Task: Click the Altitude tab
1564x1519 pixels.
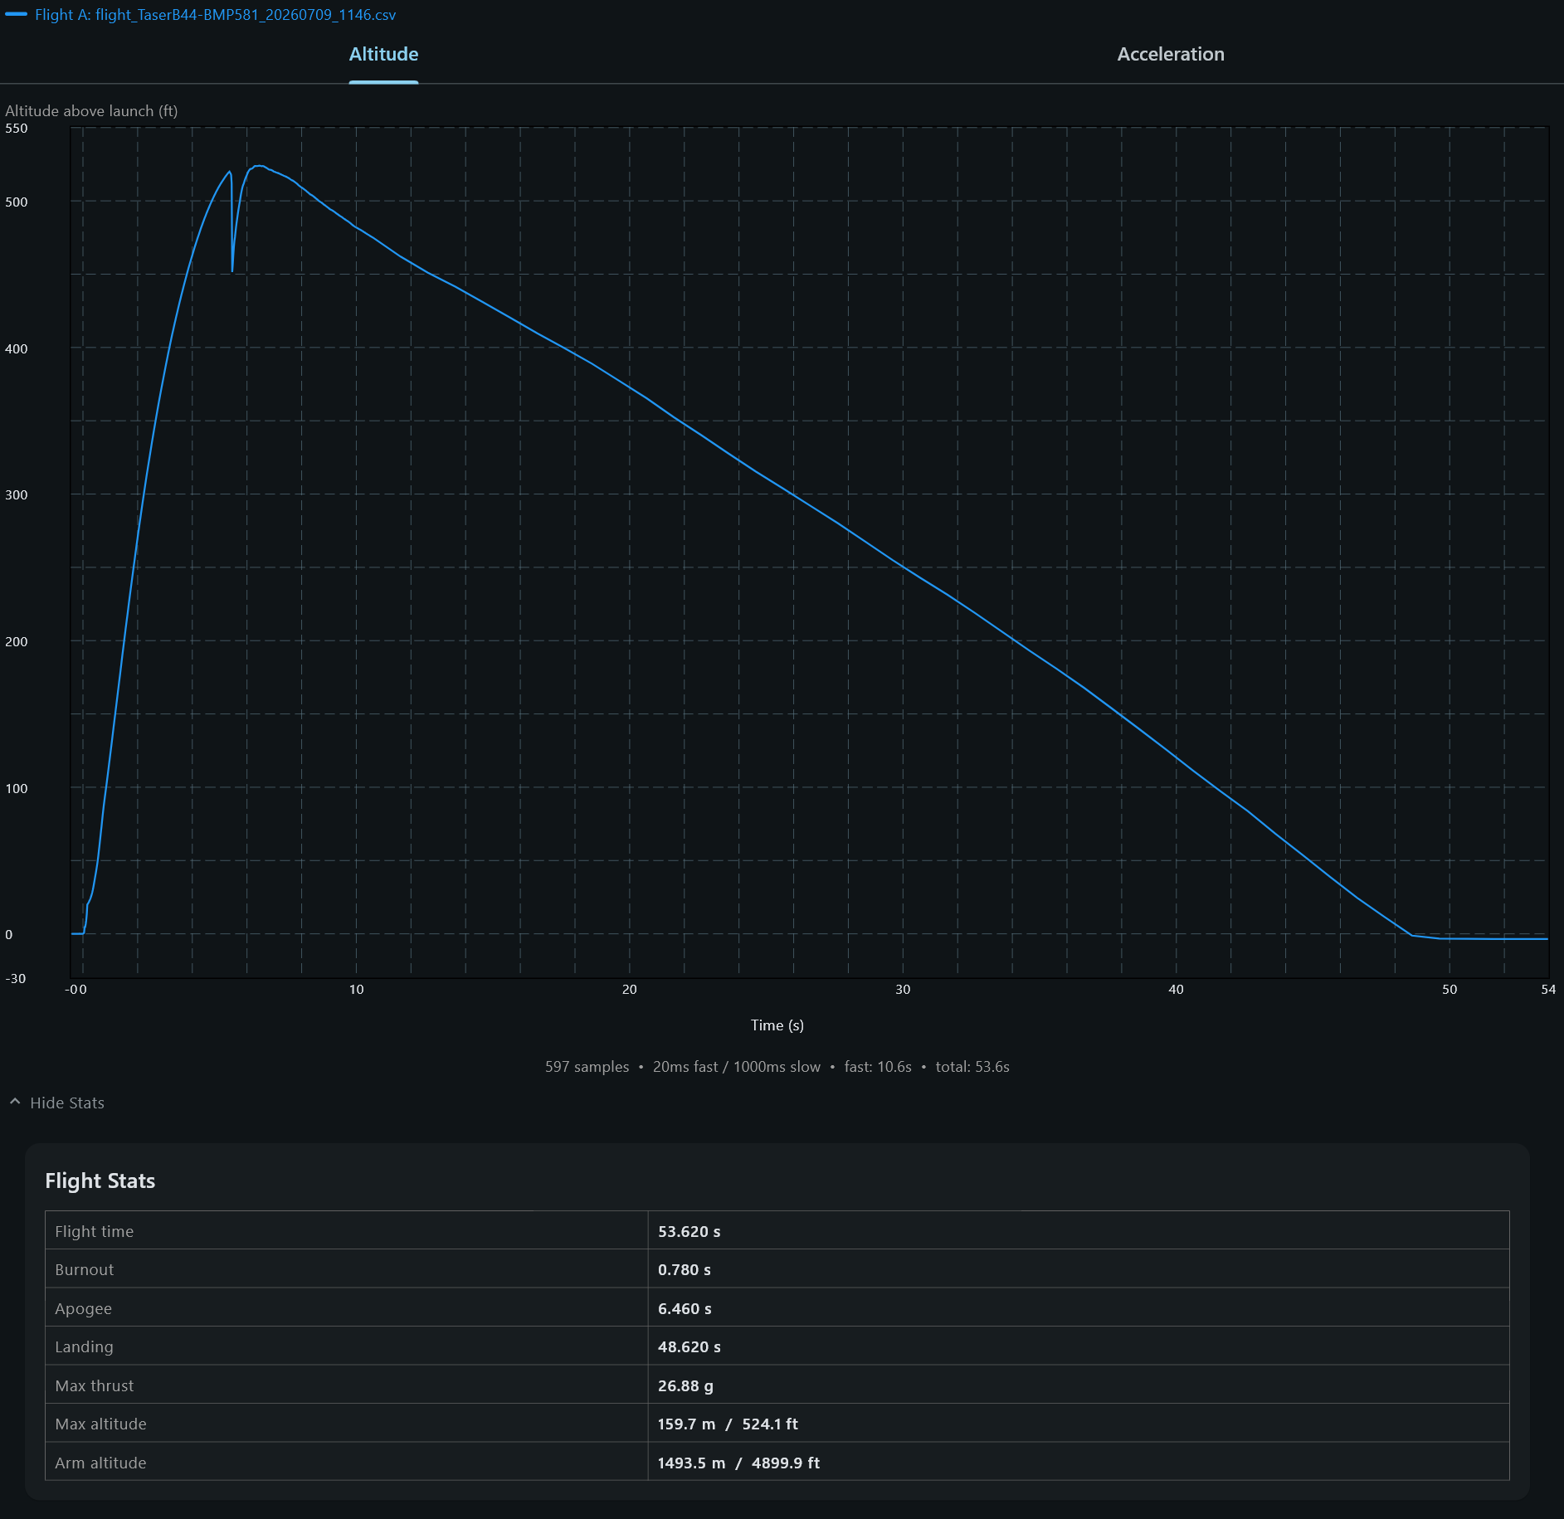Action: click(383, 54)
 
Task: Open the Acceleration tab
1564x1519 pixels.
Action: click(1170, 54)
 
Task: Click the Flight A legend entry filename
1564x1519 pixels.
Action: click(246, 15)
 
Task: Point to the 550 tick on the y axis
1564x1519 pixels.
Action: click(17, 129)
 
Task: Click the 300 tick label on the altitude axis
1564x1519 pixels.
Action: click(17, 495)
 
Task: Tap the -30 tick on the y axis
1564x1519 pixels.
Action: click(16, 979)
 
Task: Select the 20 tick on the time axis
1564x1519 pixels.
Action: click(630, 990)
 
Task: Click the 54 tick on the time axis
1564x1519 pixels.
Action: click(1548, 990)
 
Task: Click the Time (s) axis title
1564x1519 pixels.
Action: click(777, 1025)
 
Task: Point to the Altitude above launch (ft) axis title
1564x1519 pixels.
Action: click(91, 111)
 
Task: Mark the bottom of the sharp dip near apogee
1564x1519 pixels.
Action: click(232, 271)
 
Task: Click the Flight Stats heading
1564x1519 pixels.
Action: click(100, 1181)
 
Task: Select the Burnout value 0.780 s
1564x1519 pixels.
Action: click(685, 1270)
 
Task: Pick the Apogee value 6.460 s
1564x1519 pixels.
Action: click(685, 1309)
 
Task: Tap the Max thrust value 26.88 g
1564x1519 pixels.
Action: click(685, 1386)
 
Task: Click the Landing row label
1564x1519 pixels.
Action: click(84, 1347)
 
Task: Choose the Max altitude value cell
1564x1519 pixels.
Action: click(1079, 1424)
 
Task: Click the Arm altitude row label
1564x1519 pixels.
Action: click(100, 1463)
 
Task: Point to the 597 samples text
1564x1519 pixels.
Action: click(587, 1067)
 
